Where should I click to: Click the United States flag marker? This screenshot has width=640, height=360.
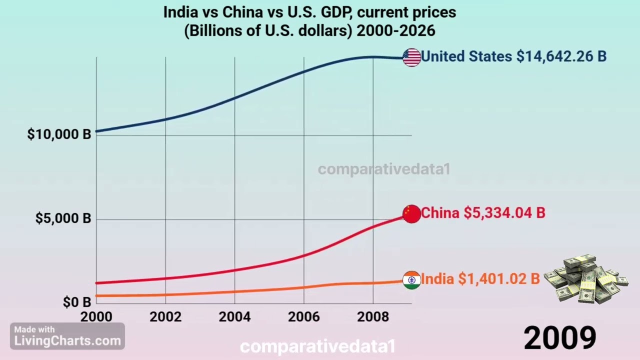tap(411, 57)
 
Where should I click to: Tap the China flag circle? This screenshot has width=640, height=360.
tap(411, 213)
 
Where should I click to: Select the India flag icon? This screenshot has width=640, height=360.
tap(411, 280)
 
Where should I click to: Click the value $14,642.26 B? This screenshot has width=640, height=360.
tap(561, 56)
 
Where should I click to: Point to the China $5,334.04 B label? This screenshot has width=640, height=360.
tap(483, 213)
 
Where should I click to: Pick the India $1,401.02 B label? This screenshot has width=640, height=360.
tap(480, 279)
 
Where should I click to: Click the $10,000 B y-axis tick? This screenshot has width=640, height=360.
tap(59, 134)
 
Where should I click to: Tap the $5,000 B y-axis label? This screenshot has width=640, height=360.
tap(63, 218)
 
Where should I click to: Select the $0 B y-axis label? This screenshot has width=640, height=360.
tap(77, 302)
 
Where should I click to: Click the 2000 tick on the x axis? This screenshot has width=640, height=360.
tap(96, 317)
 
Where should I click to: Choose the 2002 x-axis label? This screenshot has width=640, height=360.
tap(165, 317)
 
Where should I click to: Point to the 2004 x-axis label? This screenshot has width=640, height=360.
tap(234, 317)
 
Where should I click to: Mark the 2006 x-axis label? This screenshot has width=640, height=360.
tap(304, 317)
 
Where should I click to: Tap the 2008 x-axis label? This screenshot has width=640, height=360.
tap(373, 317)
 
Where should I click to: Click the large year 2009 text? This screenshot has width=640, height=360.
tap(559, 338)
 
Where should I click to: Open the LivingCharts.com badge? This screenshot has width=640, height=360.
tap(67, 336)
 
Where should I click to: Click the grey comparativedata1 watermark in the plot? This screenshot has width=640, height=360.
tap(383, 169)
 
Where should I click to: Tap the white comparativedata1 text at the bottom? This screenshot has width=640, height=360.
tap(317, 346)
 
